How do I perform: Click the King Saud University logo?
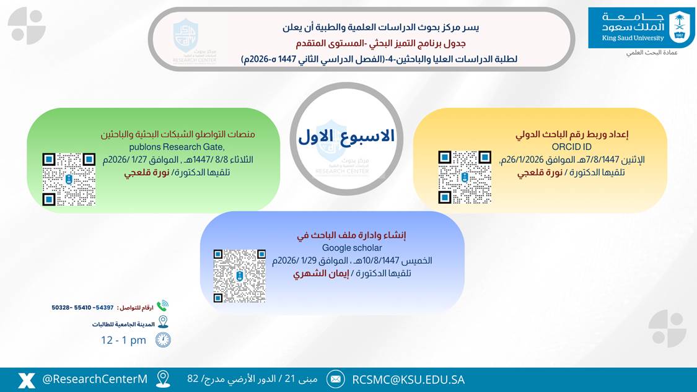coord(641,27)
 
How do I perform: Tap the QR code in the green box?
coord(69,180)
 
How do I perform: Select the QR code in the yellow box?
coord(465,176)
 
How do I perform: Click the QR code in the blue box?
coord(239,276)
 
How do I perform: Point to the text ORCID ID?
coord(572,147)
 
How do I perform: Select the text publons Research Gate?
coord(177,147)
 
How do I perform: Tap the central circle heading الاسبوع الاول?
coord(346,136)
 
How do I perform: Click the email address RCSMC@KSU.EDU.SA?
coord(408,380)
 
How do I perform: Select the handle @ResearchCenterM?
coord(95,379)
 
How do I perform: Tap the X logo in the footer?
coord(26,380)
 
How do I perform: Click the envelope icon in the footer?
coord(335,379)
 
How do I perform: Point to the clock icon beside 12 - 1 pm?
coord(162,339)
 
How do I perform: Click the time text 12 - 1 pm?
coord(123,340)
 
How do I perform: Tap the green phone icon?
coord(162,306)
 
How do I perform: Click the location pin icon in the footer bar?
coord(163,379)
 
